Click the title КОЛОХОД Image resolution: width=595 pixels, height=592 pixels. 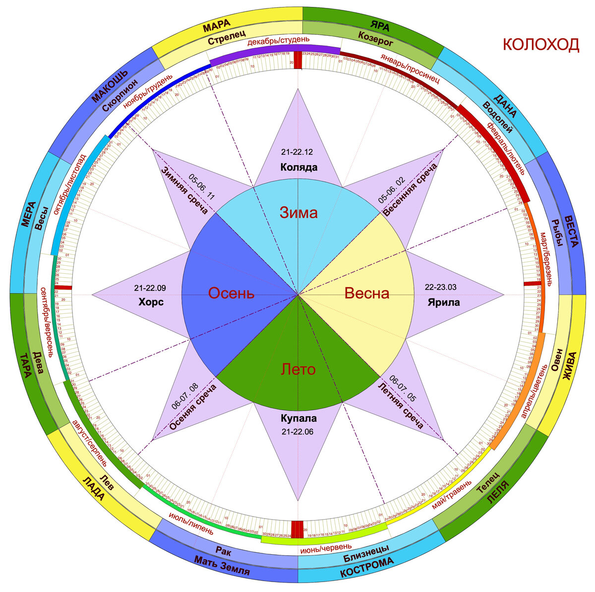540,44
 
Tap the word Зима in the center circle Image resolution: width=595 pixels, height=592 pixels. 298,213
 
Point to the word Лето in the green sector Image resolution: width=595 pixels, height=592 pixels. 298,369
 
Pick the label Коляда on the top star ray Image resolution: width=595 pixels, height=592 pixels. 298,167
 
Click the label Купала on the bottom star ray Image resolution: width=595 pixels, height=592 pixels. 298,418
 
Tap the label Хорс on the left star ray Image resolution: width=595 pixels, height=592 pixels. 151,302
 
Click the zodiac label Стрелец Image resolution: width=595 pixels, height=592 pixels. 225,41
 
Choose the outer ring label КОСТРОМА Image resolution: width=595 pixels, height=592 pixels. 366,568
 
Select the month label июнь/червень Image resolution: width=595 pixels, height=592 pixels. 323,549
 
